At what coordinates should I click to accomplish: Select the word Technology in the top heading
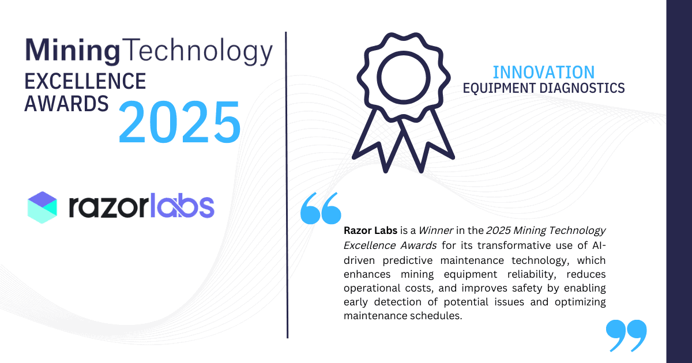197,52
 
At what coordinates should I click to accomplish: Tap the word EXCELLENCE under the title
85,81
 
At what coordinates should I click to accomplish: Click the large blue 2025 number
179,123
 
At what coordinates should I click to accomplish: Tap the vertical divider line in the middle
287,184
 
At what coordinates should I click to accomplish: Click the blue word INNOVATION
544,72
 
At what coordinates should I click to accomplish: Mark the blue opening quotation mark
321,208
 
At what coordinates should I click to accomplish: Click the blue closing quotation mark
626,336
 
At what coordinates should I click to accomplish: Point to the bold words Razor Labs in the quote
370,230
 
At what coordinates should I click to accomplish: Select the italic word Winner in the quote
435,230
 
